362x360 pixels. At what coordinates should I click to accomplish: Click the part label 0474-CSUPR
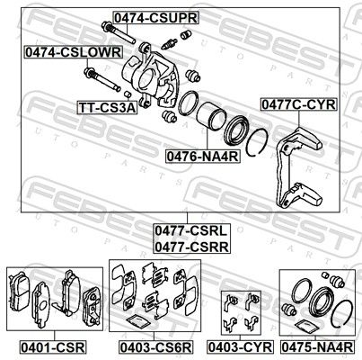155,18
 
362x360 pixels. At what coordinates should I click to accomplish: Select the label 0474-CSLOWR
74,52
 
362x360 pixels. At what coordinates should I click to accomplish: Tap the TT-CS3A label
108,108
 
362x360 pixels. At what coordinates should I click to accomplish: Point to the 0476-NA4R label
203,156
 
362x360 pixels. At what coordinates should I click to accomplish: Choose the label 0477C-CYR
298,104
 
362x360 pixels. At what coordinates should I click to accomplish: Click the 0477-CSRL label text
191,231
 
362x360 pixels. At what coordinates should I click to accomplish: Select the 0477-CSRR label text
191,247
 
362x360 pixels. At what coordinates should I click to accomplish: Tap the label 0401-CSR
53,347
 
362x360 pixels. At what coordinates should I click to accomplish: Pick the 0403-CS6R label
155,347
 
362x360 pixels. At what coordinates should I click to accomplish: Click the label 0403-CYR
240,347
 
